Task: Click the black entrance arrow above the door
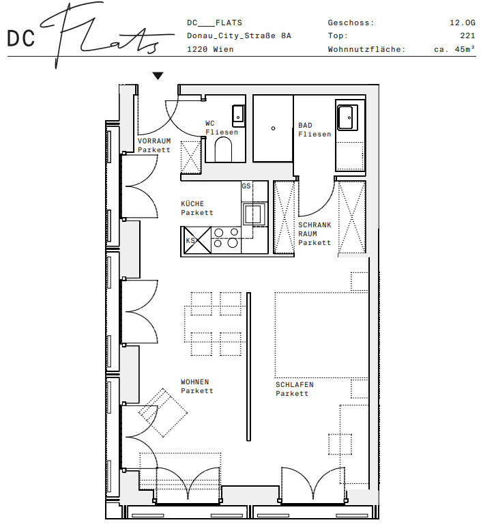click(158, 76)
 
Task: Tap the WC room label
click(210, 123)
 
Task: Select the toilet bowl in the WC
click(223, 149)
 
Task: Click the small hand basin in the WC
click(239, 116)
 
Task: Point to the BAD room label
click(305, 125)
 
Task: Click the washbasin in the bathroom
click(347, 117)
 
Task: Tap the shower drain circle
click(273, 128)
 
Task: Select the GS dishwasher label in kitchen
click(246, 186)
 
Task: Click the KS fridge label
click(190, 240)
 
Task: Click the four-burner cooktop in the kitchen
click(226, 238)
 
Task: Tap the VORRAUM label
click(154, 141)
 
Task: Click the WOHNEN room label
click(194, 382)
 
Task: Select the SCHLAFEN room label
click(295, 384)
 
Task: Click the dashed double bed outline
click(321, 334)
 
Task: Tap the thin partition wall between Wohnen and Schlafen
click(248, 367)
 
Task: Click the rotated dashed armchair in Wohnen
click(163, 412)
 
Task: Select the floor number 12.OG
click(463, 23)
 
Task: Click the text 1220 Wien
click(210, 49)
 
